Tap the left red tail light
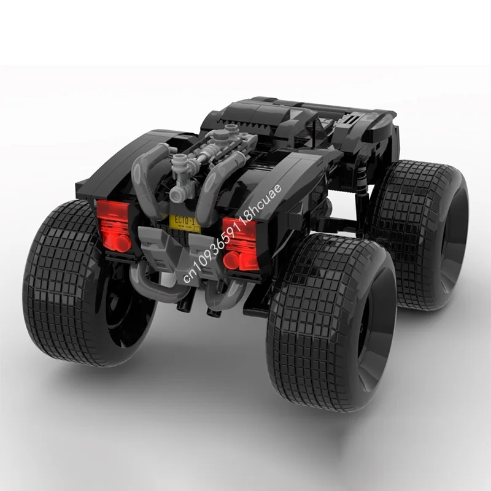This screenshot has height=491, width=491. coord(115,225)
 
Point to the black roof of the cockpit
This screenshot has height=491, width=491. coord(276,114)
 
